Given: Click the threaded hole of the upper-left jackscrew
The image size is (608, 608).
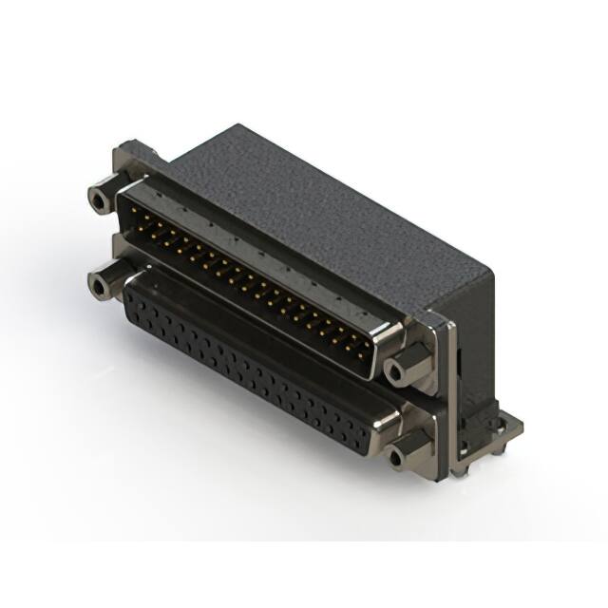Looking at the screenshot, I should (x=98, y=200).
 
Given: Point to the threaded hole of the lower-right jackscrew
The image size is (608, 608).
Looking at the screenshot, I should (x=398, y=457).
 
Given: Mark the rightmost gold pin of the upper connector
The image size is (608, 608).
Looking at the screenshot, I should (x=364, y=339).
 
